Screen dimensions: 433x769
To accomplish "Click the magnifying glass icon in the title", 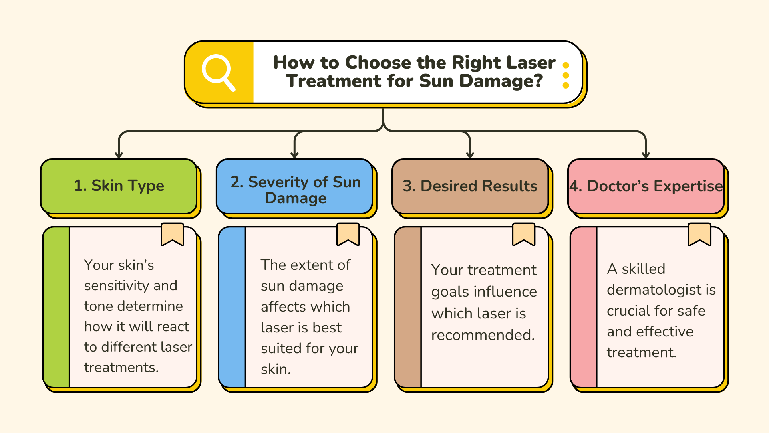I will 218,73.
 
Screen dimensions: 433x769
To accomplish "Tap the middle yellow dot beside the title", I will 566,75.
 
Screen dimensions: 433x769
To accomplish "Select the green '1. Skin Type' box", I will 119,186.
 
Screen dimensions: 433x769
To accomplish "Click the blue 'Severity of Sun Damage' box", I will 295,186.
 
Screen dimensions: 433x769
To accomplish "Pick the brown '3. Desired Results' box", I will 470,186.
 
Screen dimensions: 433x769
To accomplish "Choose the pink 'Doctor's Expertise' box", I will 646,186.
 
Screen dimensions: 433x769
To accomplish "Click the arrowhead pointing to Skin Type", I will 119,155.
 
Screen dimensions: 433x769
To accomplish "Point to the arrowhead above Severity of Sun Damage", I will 295,155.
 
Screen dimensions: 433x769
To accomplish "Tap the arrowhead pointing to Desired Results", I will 470,155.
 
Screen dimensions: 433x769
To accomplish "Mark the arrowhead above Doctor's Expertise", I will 646,155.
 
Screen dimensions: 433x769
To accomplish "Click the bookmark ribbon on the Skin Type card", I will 172,233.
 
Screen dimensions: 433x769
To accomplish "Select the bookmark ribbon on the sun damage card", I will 348,233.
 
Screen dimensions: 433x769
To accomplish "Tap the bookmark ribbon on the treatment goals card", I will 524,233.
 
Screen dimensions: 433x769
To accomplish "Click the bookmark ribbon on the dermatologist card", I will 699,233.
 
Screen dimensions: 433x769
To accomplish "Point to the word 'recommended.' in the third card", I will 483,335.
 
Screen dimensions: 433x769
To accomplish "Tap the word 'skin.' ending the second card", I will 276,369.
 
